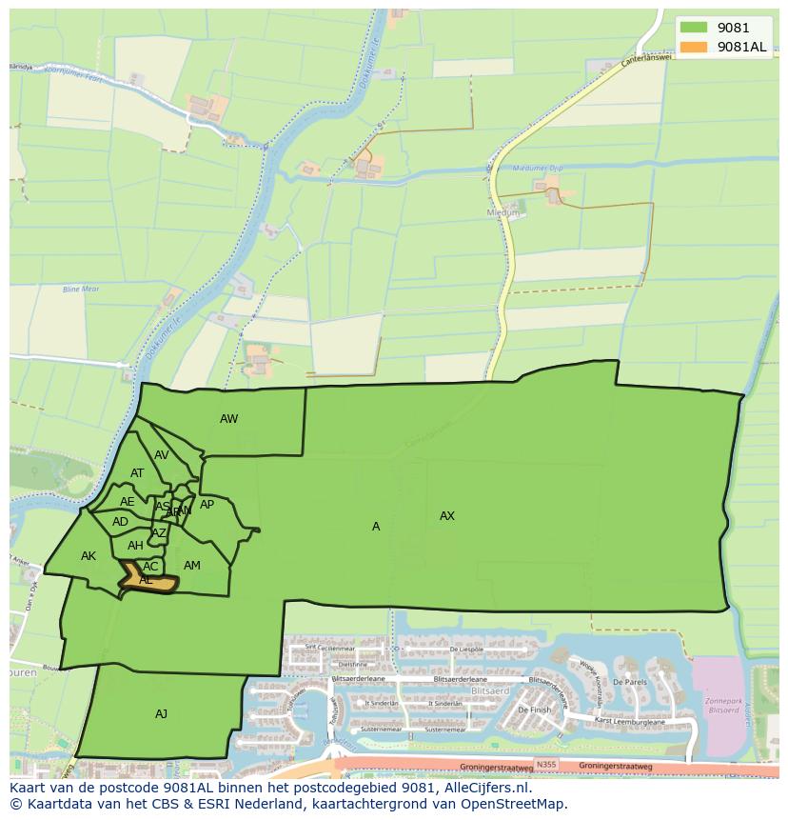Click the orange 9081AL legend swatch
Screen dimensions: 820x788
694,48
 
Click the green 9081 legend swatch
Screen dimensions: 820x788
694,28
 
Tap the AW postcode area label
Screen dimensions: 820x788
228,419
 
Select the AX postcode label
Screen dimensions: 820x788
447,516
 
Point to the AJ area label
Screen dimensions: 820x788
161,713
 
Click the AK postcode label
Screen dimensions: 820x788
89,556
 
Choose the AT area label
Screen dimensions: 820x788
137,473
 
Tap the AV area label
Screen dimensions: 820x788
162,455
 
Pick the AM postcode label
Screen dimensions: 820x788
192,566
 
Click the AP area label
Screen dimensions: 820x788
207,505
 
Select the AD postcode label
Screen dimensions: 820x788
120,522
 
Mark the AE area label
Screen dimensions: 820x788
128,502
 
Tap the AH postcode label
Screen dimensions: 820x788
135,546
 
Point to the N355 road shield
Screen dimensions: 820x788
545,764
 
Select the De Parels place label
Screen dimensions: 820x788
630,683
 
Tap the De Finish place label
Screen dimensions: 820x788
534,710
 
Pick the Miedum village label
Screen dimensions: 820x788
503,213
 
